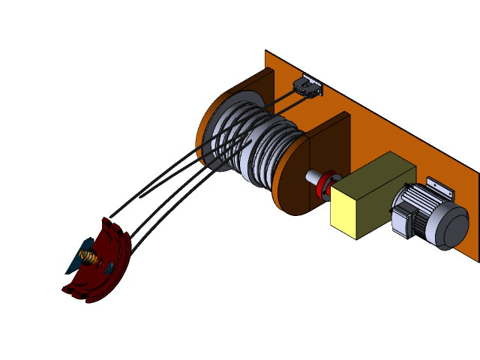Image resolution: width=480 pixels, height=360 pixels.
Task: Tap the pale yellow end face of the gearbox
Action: coord(351,211)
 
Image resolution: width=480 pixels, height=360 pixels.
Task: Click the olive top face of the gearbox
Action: coord(375,173)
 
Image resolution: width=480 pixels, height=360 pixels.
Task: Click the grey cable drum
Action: coord(259,142)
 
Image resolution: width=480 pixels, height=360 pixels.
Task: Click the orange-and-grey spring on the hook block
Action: coord(88,259)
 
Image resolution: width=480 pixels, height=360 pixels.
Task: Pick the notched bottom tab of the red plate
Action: coord(70,289)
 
